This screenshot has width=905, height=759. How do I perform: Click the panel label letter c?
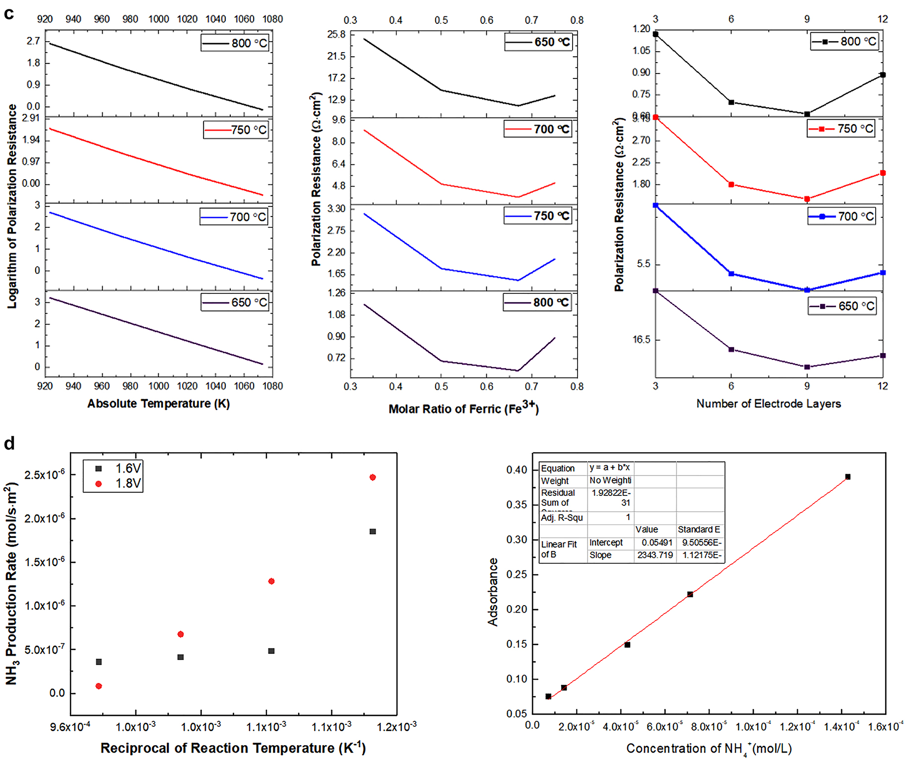coord(8,13)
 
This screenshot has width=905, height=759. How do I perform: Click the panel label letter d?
coord(9,443)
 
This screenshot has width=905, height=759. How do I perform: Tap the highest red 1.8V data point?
coord(373,478)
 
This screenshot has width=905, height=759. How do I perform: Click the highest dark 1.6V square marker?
coord(373,532)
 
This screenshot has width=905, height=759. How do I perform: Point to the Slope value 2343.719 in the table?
coord(655,555)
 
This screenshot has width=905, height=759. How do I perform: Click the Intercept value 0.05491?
coord(657,543)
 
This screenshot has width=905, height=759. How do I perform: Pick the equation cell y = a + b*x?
coord(609,468)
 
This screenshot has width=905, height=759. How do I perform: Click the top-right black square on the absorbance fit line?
coord(848,477)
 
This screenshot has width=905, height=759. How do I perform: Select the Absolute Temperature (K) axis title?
coord(158,404)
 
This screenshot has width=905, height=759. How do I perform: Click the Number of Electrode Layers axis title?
coord(769,404)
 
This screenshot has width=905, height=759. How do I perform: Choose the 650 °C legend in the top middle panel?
coord(539,42)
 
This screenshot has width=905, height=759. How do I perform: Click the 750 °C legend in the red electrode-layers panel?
coord(841,129)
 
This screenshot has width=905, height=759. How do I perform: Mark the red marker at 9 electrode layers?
coord(807,199)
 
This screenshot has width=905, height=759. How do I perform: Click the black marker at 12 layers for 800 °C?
coord(883,75)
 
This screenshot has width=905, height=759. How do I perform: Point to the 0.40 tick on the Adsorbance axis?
coord(517,470)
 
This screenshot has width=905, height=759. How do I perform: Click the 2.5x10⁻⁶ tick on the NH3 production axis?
coord(44,475)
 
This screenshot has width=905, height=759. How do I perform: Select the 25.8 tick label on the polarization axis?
coord(336,34)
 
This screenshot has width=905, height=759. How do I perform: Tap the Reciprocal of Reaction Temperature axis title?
coord(233,748)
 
